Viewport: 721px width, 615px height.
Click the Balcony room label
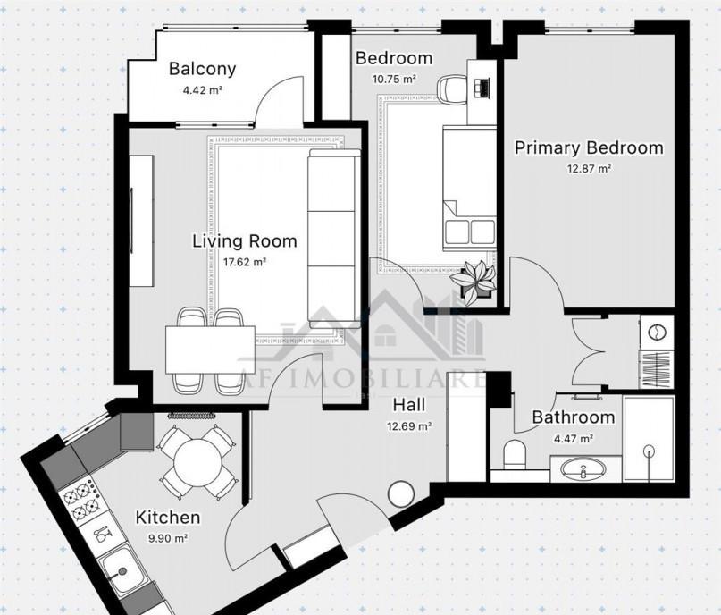click(x=202, y=69)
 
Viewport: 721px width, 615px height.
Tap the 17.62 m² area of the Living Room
click(x=245, y=262)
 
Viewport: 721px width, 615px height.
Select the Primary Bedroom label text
click(x=589, y=148)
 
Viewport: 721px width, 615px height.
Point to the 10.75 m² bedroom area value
click(x=394, y=79)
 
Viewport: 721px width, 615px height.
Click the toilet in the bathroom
click(x=514, y=455)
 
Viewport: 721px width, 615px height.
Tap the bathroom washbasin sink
click(x=583, y=469)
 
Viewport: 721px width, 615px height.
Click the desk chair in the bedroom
click(x=450, y=88)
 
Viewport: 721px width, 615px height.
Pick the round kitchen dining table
click(x=197, y=462)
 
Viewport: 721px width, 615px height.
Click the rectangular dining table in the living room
click(x=210, y=350)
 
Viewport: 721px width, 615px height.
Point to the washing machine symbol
click(x=656, y=332)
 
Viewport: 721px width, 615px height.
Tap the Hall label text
click(x=409, y=405)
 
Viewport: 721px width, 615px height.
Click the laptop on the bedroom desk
click(x=482, y=88)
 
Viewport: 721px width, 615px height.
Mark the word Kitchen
click(x=168, y=517)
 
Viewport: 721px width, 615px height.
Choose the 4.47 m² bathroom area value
click(x=573, y=438)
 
